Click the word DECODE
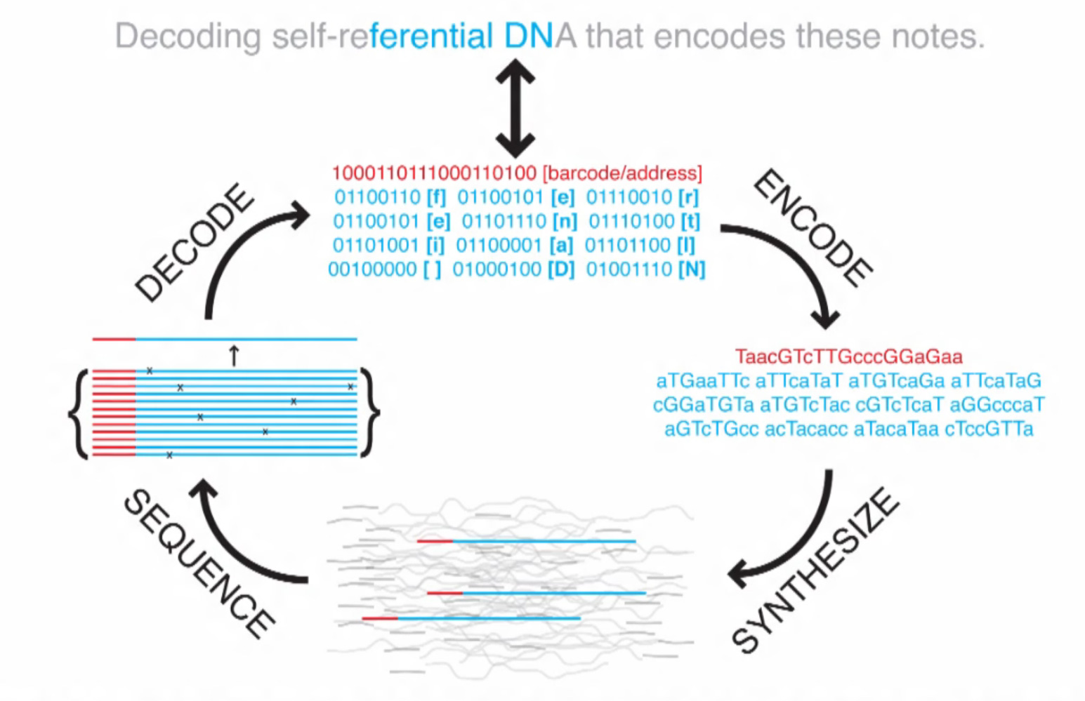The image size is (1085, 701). pos(195,242)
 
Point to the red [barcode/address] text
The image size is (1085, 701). pos(622,173)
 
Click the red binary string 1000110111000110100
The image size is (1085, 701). pos(434,173)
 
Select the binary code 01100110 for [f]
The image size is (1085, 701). pos(377,198)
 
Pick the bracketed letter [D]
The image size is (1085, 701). pos(561,269)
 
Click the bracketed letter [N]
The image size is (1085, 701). pos(691,269)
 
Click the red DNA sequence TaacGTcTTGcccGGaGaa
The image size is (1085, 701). pos(848,356)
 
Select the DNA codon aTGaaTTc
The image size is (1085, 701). pos(703,381)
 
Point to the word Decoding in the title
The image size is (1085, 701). pos(188,36)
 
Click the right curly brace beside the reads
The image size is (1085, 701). pos(369,413)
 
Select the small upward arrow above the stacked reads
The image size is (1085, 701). pos(234,356)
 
